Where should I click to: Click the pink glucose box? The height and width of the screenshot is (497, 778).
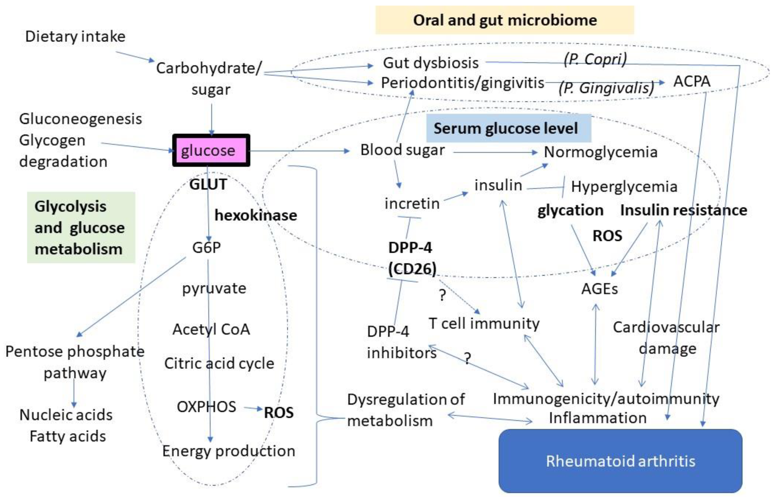tap(211, 150)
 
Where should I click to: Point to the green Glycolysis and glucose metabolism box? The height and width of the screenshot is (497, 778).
tap(81, 227)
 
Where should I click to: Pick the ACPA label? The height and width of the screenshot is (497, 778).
tap(692, 81)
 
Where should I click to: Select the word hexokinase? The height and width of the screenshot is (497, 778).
tap(256, 215)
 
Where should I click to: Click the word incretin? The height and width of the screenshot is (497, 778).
tap(412, 203)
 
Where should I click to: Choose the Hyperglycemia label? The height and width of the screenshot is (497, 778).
tap(624, 187)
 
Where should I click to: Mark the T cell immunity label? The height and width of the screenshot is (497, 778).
tap(484, 323)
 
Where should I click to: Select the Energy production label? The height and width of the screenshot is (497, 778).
tap(228, 451)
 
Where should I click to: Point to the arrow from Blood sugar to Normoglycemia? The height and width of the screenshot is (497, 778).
tap(494, 152)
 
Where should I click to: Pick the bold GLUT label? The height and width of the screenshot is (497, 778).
tap(208, 184)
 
